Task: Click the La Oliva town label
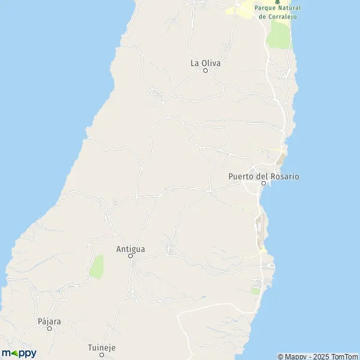click(205, 62)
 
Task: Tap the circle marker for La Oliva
click(205, 71)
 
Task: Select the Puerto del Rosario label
click(263, 176)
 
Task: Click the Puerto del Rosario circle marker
click(263, 184)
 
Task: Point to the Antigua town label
click(130, 248)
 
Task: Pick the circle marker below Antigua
click(131, 256)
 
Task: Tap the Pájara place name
click(49, 321)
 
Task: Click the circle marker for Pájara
click(50, 328)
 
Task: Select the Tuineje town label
click(101, 348)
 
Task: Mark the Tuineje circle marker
click(101, 355)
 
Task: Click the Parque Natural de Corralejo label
click(277, 12)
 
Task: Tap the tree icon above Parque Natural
click(277, 2)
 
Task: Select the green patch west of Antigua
click(96, 267)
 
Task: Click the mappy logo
click(19, 353)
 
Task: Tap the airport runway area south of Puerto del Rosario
click(259, 231)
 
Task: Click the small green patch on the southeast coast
click(256, 291)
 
